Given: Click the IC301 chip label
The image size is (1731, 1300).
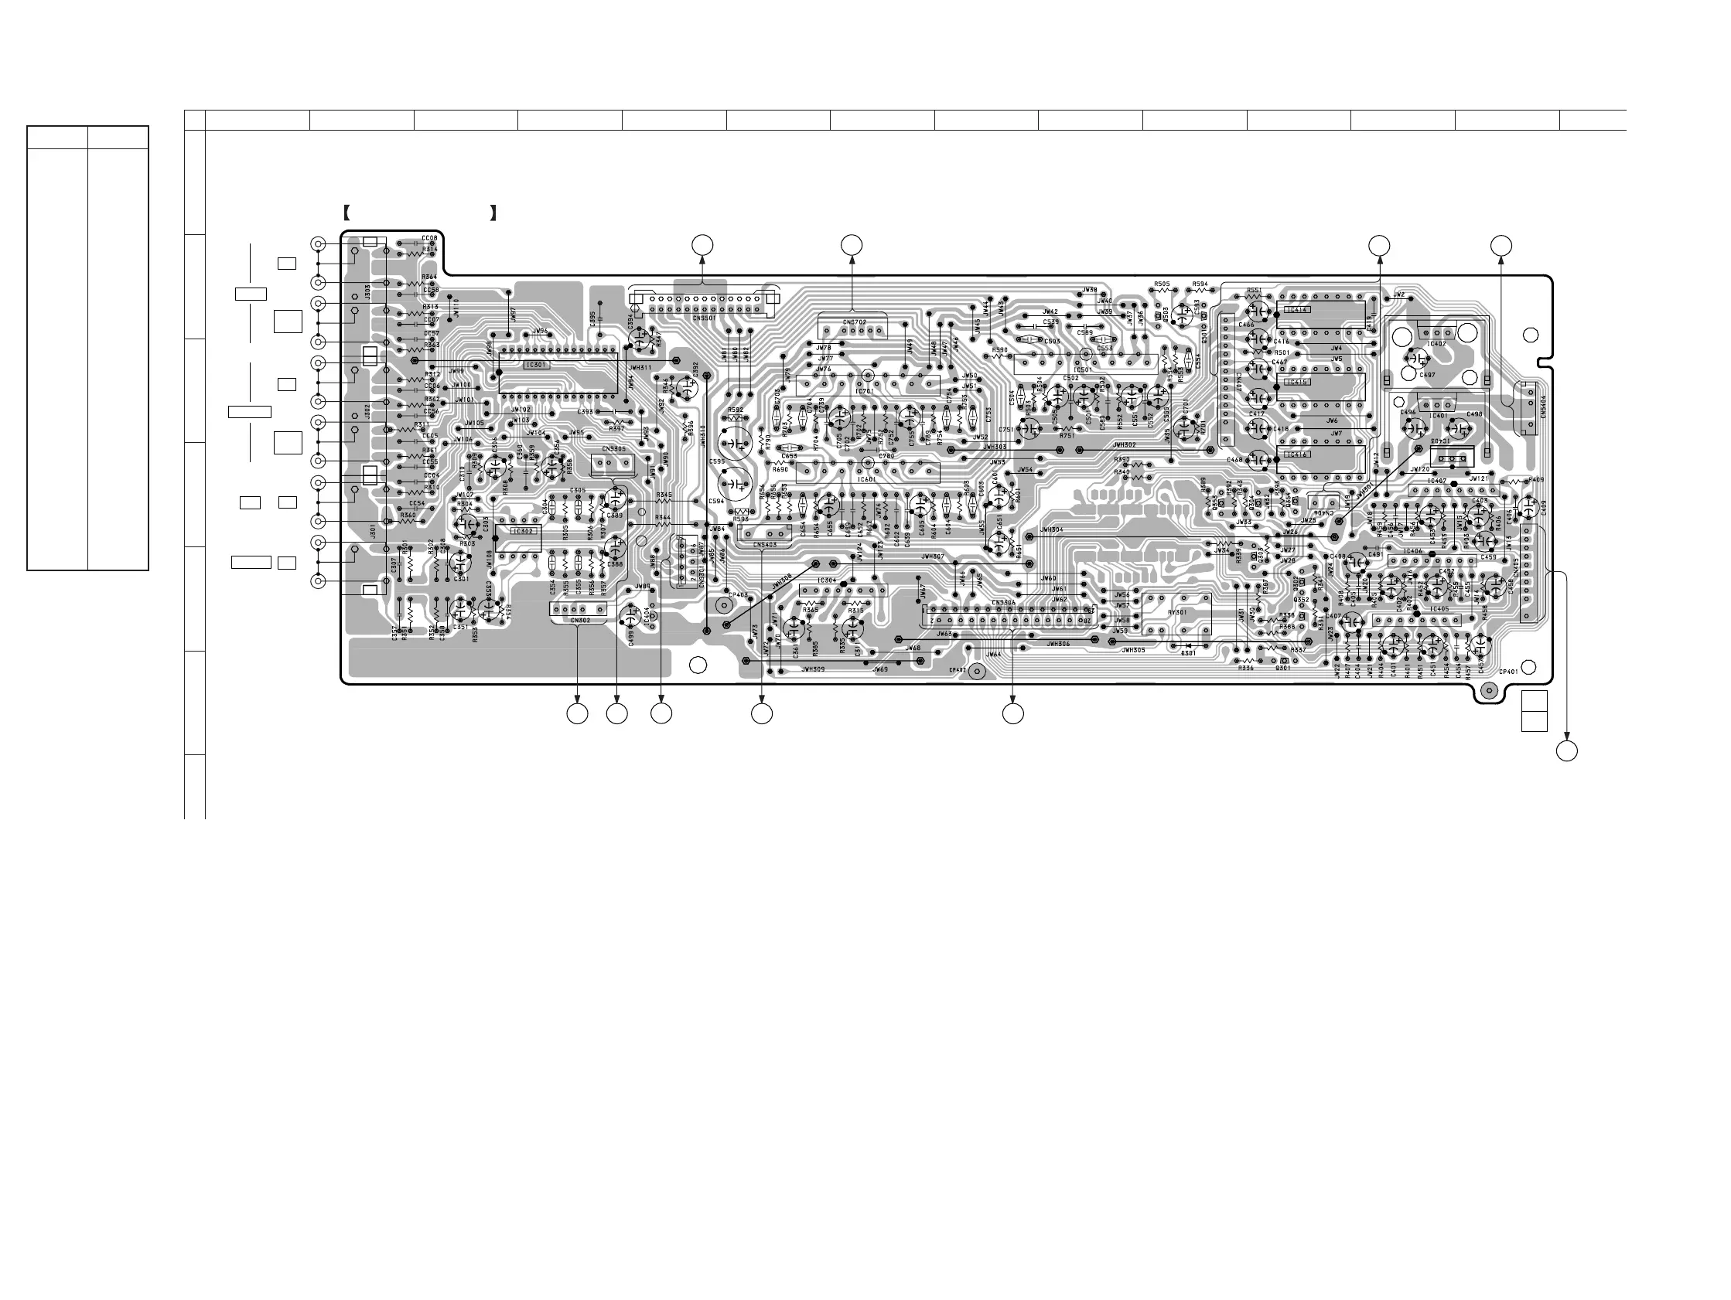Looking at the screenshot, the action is click(536, 366).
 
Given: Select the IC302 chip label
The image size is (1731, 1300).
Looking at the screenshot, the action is click(522, 531).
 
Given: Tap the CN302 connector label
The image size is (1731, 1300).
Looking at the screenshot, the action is click(580, 621).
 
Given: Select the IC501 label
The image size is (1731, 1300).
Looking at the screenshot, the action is click(1084, 370).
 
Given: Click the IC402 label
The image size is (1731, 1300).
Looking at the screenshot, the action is click(1437, 343).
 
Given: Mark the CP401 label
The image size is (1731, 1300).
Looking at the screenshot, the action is click(1508, 672).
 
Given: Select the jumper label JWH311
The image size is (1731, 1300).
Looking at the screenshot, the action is click(640, 368).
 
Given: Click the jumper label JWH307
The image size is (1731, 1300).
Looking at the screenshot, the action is click(933, 557).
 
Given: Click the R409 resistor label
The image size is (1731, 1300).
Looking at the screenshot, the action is click(1535, 480).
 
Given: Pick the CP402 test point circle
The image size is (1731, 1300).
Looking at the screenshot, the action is click(978, 672).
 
